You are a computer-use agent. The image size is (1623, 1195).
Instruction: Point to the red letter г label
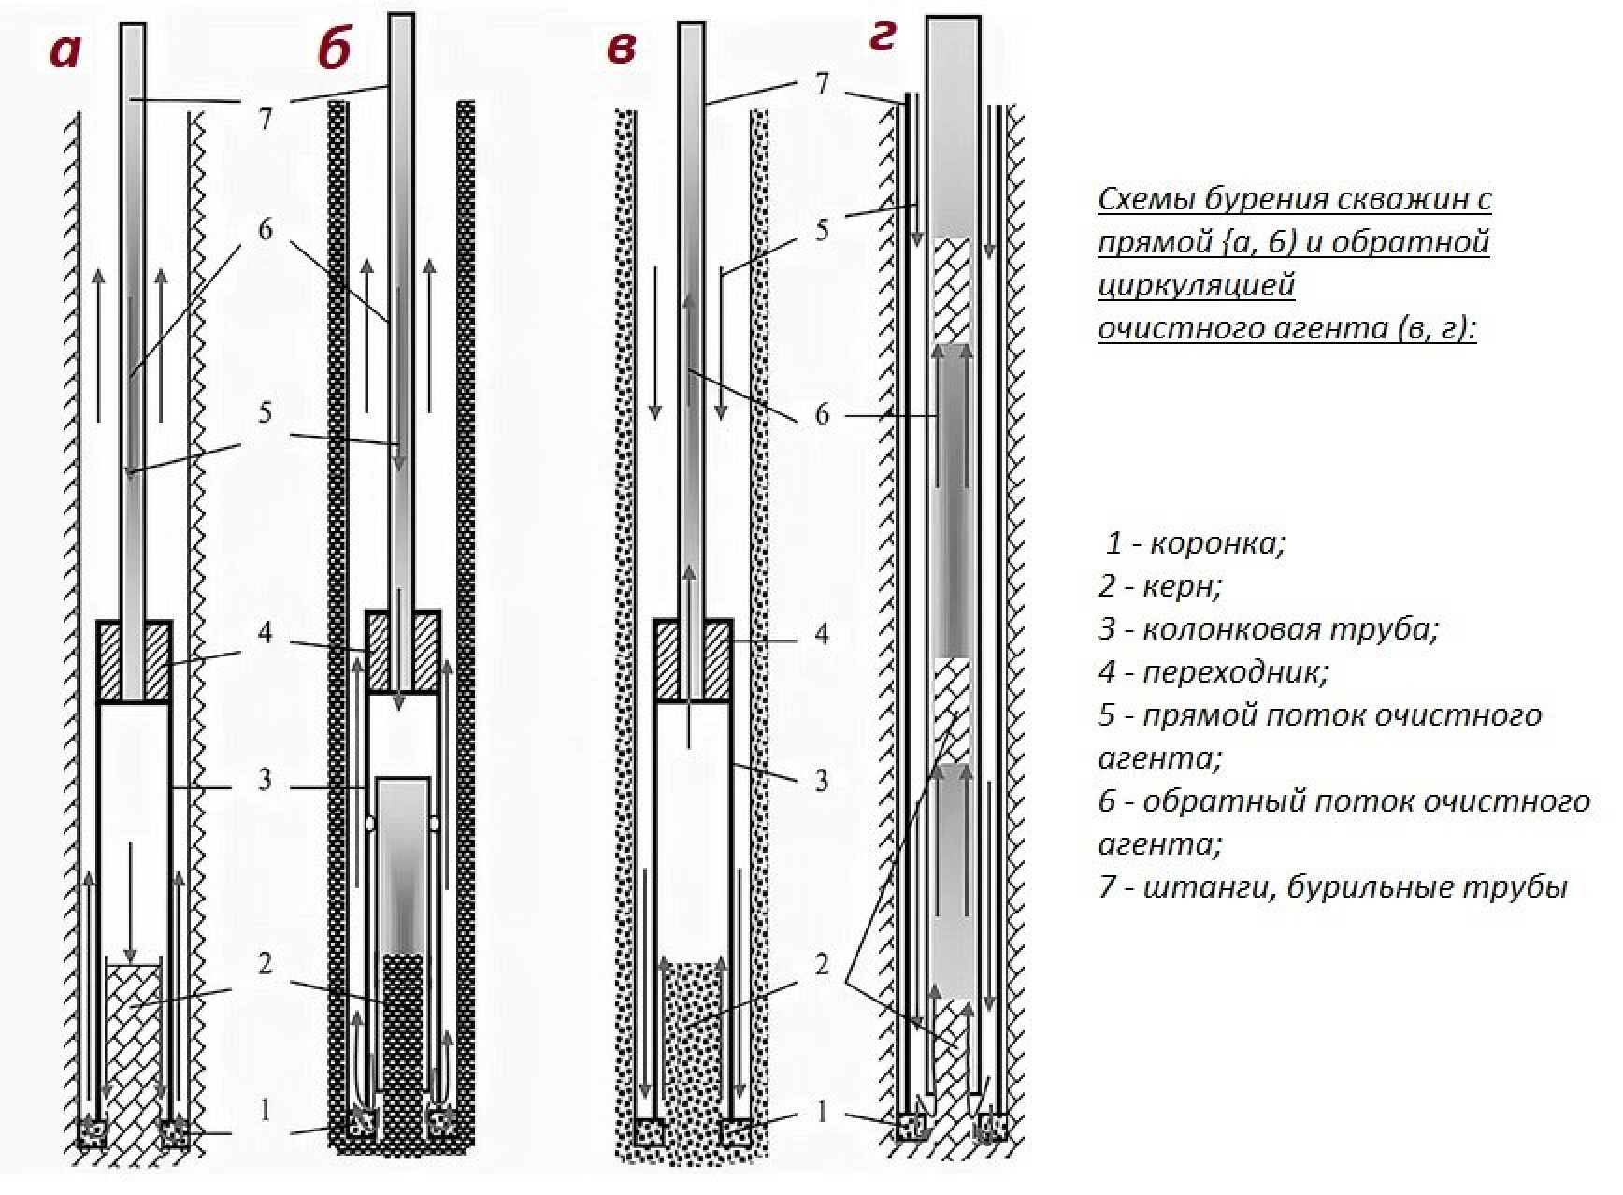[883, 37]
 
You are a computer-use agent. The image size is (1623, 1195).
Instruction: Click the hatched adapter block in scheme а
[110, 661]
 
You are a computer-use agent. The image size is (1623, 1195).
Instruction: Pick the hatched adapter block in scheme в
[667, 660]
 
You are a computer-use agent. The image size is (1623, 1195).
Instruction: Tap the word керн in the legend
[1183, 586]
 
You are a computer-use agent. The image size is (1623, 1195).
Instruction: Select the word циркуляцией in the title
[1196, 285]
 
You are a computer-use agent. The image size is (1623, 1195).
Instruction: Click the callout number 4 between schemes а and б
[266, 633]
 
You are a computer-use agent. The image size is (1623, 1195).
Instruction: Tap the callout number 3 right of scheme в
[821, 780]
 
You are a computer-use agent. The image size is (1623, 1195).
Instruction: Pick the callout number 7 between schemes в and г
[822, 84]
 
